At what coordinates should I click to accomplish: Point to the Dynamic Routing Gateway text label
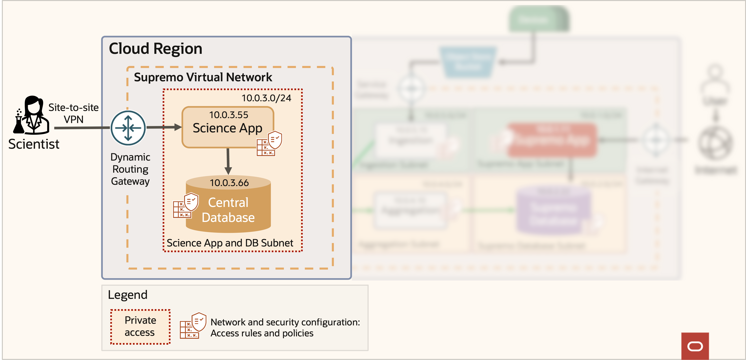click(130, 169)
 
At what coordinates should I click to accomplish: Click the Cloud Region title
click(155, 49)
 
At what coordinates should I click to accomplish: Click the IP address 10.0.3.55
click(229, 115)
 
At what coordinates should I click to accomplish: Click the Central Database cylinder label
click(228, 210)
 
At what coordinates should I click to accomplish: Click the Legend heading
click(127, 295)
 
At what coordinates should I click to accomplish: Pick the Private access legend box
click(140, 327)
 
